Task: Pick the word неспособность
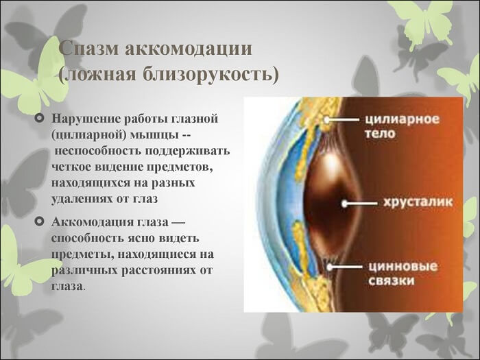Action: (x=93, y=151)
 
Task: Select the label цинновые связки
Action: (x=398, y=271)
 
